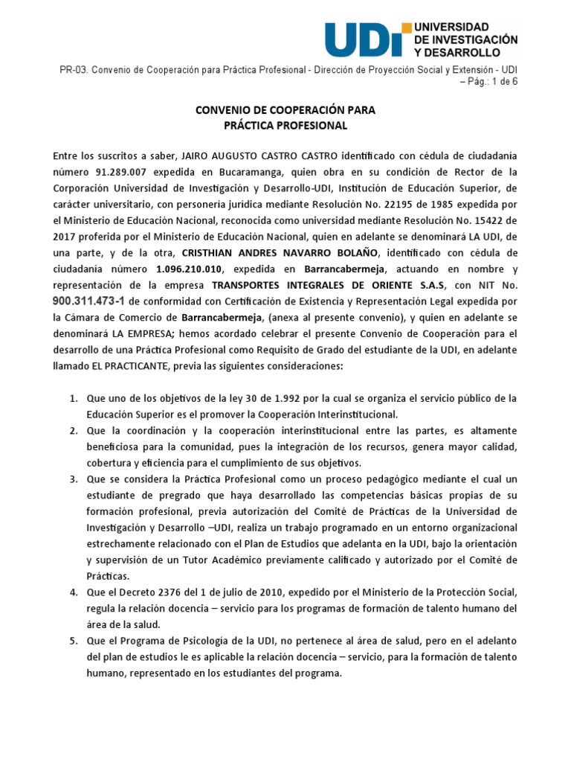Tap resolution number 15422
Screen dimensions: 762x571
pyautogui.click(x=477, y=222)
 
